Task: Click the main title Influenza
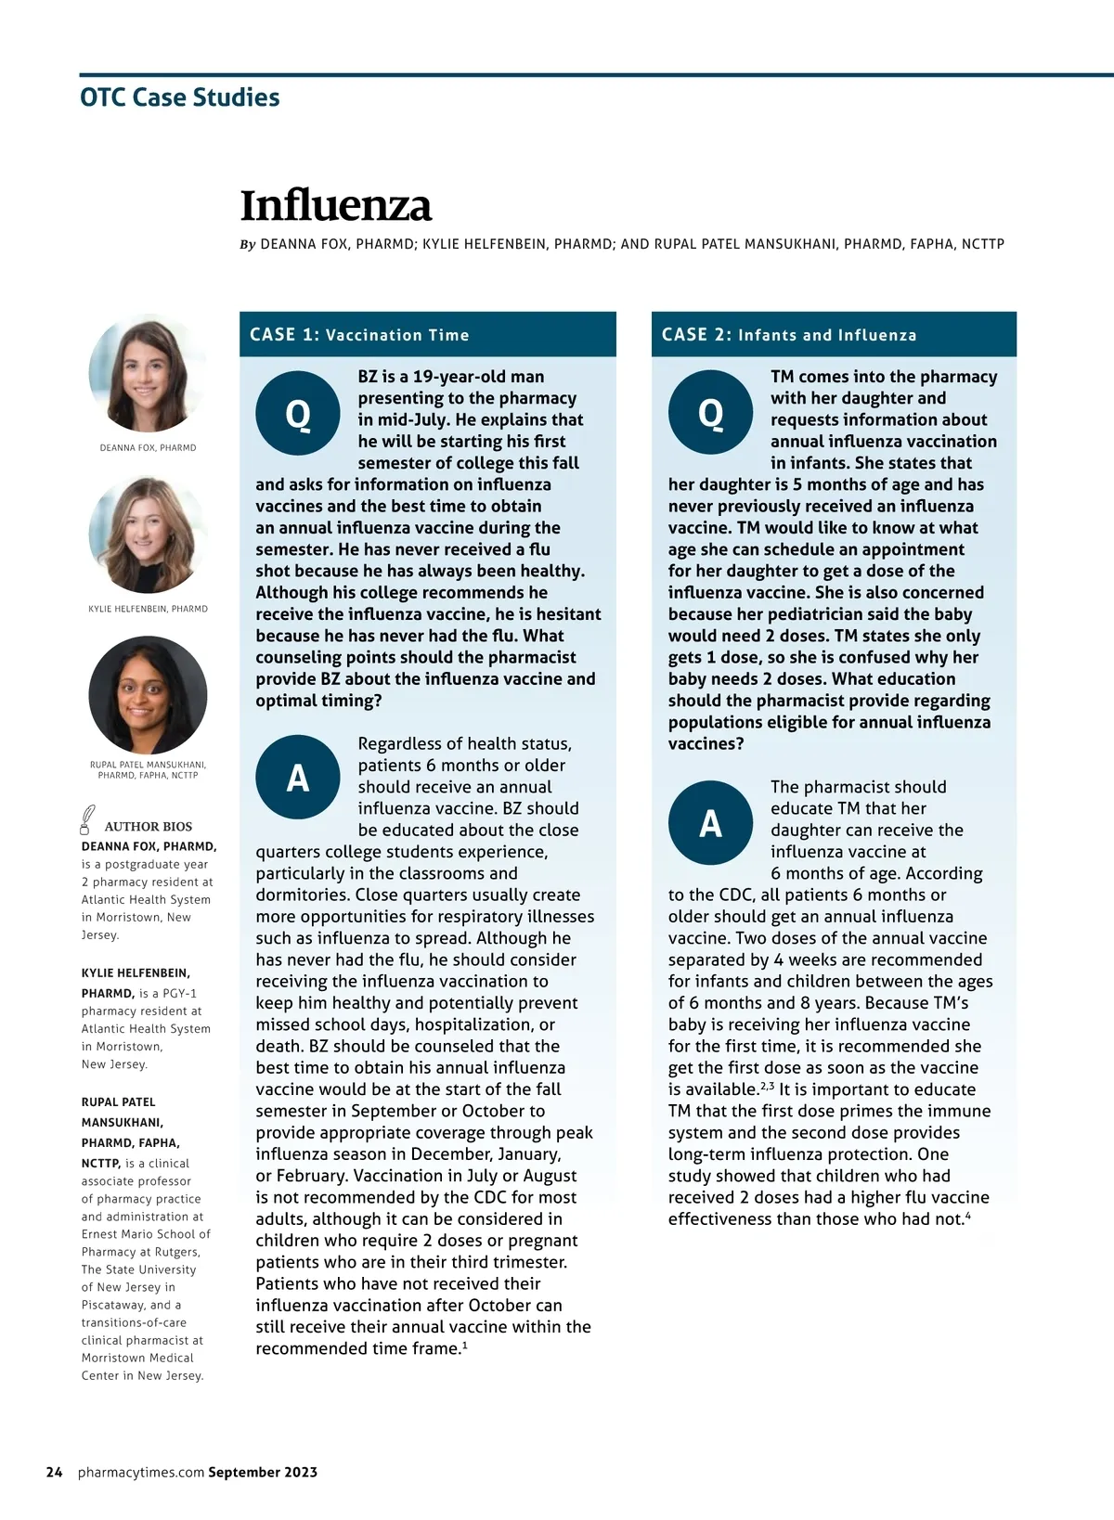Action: click(x=336, y=206)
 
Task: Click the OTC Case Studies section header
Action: click(x=180, y=97)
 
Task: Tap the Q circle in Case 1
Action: click(x=298, y=413)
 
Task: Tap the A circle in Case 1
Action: click(x=298, y=778)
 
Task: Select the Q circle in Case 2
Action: click(x=710, y=412)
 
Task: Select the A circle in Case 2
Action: click(x=710, y=823)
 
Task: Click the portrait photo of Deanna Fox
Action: click(x=148, y=373)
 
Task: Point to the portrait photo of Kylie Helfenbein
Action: click(x=148, y=535)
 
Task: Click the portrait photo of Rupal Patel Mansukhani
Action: click(x=148, y=695)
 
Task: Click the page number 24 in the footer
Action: click(x=55, y=1472)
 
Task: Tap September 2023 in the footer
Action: click(x=263, y=1472)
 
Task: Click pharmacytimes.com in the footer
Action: click(x=141, y=1472)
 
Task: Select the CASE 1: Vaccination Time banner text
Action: click(x=359, y=335)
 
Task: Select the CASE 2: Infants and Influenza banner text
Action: click(x=788, y=335)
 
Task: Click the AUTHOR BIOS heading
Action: click(x=149, y=826)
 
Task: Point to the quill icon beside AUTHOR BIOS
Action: click(x=87, y=819)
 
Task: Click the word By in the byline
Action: click(x=248, y=245)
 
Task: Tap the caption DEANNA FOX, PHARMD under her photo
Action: click(x=148, y=447)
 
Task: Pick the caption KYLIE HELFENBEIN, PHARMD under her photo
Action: click(x=148, y=609)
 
